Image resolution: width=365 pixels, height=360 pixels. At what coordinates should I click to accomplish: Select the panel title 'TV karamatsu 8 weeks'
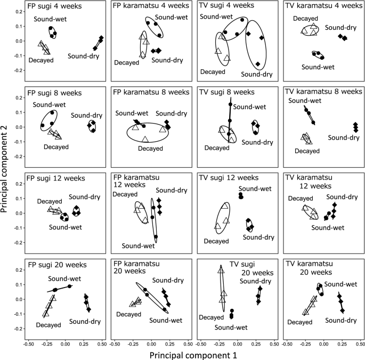click(322, 92)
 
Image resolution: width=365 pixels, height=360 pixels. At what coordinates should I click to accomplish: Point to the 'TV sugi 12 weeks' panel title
click(231, 177)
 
